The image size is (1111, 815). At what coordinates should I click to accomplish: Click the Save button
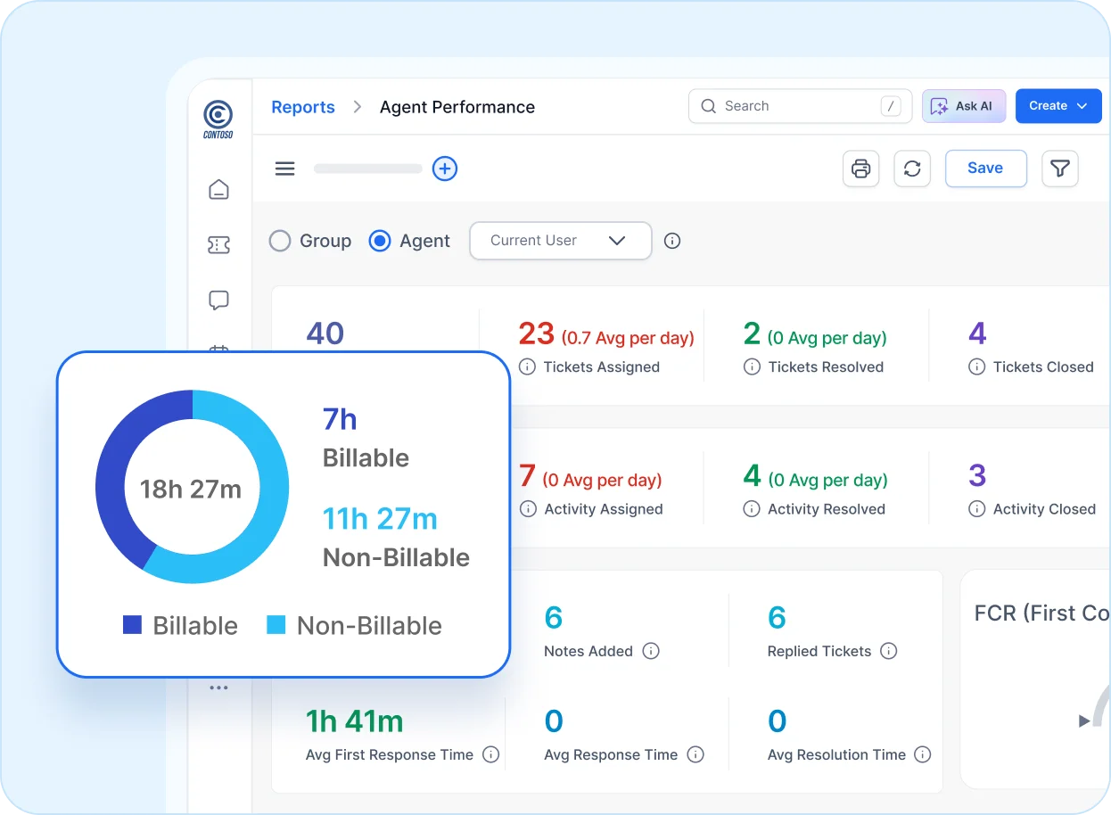tap(985, 169)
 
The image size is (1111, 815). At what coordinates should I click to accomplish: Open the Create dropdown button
tap(1058, 106)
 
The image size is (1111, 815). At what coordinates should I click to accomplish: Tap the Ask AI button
tap(964, 106)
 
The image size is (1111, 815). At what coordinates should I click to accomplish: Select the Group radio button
tap(280, 241)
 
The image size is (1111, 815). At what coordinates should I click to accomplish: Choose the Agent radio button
tap(380, 241)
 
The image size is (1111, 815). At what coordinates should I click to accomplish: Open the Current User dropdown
tap(560, 241)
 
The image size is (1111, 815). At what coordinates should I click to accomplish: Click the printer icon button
tap(860, 169)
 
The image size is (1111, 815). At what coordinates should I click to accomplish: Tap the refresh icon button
tap(912, 169)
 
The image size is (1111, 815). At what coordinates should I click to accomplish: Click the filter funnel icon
tap(1059, 169)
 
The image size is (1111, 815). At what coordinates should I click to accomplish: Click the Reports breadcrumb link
tap(303, 107)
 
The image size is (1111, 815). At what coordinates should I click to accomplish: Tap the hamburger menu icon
tap(284, 169)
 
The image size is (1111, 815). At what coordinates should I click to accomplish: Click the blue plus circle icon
tap(445, 169)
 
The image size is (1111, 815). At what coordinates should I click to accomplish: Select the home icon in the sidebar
tap(218, 189)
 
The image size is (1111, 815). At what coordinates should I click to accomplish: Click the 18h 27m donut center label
tap(191, 489)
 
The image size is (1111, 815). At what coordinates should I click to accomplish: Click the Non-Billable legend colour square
tap(276, 625)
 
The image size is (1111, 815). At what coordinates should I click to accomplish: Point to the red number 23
tap(537, 333)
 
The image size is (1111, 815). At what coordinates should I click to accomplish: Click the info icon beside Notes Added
tap(651, 651)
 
